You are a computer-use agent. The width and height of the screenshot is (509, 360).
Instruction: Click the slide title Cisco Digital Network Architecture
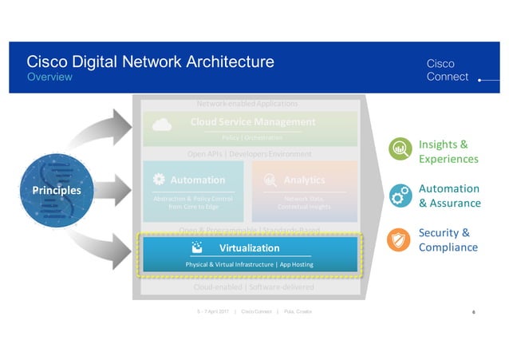(150, 61)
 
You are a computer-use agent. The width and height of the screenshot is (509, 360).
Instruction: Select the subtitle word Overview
(49, 77)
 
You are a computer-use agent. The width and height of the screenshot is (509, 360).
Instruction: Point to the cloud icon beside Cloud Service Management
(162, 124)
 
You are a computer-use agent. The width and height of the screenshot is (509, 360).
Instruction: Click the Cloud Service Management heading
(253, 122)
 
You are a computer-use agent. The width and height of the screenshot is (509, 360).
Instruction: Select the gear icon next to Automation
(159, 180)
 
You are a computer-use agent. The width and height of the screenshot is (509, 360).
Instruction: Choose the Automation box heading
(197, 180)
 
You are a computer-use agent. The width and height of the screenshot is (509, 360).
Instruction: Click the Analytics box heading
(304, 180)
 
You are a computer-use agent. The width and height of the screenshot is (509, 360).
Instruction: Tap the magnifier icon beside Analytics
(270, 180)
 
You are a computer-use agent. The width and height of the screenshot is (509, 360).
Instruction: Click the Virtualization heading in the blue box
(250, 248)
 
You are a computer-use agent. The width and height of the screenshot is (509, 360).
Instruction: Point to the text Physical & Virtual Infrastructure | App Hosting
(249, 264)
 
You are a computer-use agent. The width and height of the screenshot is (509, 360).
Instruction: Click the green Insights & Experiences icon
(399, 149)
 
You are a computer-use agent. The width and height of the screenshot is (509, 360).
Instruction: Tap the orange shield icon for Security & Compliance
(399, 239)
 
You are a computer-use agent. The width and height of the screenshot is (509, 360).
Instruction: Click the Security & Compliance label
(448, 239)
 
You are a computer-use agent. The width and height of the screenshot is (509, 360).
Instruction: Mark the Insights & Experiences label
(448, 152)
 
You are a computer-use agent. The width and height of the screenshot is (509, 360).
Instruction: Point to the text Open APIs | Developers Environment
(250, 153)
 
